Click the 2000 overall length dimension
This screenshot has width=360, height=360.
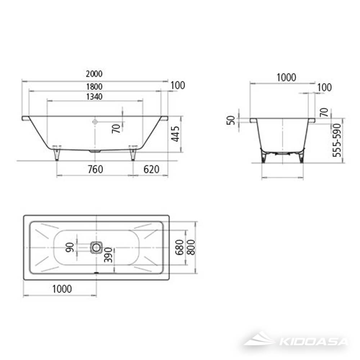click(x=94, y=74)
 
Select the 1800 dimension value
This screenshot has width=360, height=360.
click(x=94, y=86)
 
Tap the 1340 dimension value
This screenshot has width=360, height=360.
click(x=94, y=96)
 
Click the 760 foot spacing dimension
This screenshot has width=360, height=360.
click(x=95, y=169)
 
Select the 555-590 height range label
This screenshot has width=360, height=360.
click(x=337, y=140)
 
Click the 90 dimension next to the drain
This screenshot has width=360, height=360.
click(x=70, y=247)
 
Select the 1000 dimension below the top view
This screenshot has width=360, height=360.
click(x=62, y=289)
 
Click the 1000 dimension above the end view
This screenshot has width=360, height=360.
click(x=286, y=77)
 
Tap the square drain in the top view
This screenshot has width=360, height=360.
click(x=96, y=247)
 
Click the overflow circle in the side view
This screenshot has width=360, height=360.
click(x=95, y=122)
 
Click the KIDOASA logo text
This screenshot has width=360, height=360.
click(x=313, y=342)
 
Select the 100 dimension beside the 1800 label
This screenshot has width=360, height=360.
click(x=177, y=85)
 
